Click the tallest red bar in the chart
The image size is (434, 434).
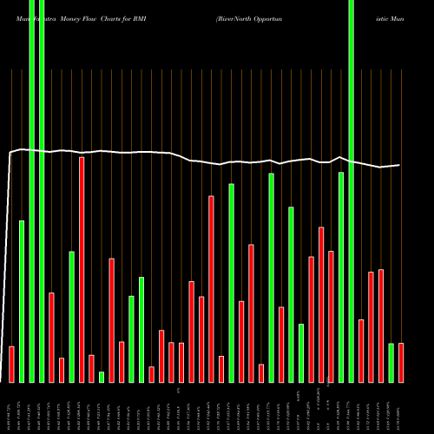tap(82, 269)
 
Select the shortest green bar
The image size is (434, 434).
tap(102, 377)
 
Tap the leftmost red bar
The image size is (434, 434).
tap(11, 364)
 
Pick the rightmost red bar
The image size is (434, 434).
tap(400, 362)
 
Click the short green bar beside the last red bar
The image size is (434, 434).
tap(391, 362)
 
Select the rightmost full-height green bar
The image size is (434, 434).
tap(351, 191)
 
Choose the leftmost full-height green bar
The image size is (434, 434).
tap(31, 191)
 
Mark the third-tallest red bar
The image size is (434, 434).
tap(321, 304)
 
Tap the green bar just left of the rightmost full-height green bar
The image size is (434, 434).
tap(341, 277)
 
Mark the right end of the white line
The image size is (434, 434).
tap(400, 165)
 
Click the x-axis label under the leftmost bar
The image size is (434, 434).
tap(11, 409)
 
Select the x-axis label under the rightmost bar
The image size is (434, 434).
tap(400, 409)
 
